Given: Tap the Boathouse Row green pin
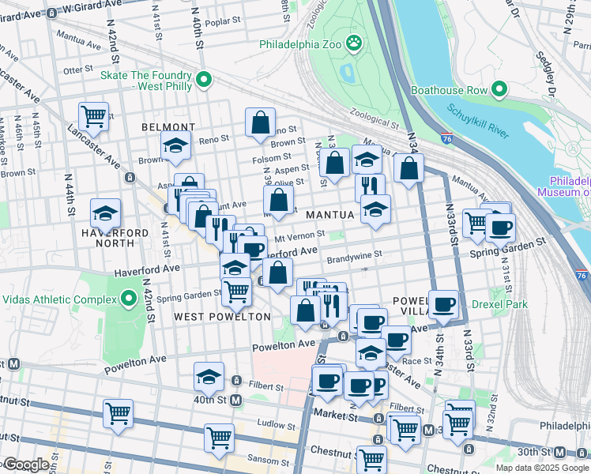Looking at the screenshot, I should pyautogui.click(x=499, y=90).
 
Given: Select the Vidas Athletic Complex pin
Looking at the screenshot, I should pyautogui.click(x=129, y=299).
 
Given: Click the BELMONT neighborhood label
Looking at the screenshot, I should pyautogui.click(x=168, y=127).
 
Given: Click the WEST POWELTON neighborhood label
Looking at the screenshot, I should pyautogui.click(x=222, y=317).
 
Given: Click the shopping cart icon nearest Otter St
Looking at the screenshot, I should pyautogui.click(x=93, y=117).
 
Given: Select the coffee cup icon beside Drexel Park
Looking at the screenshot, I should pyautogui.click(x=443, y=304).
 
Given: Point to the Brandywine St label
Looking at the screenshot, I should pyautogui.click(x=355, y=255).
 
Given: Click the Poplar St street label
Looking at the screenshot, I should pyautogui.click(x=216, y=23).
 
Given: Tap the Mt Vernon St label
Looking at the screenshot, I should pyautogui.click(x=299, y=235).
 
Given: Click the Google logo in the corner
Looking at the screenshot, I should pyautogui.click(x=26, y=465).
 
